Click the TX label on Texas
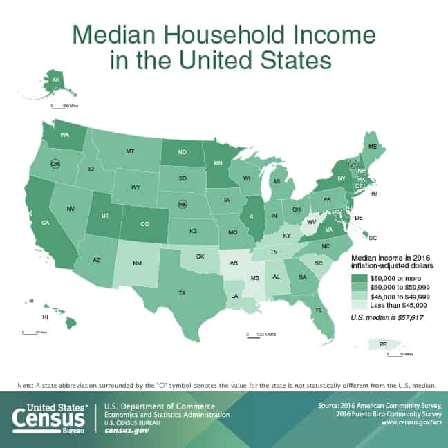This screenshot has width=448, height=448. (x=182, y=292)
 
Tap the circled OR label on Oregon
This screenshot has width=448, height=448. (x=56, y=163)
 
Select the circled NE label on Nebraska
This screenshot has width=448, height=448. (x=183, y=205)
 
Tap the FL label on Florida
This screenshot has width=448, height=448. (x=319, y=310)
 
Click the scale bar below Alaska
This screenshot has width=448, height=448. (x=59, y=106)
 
